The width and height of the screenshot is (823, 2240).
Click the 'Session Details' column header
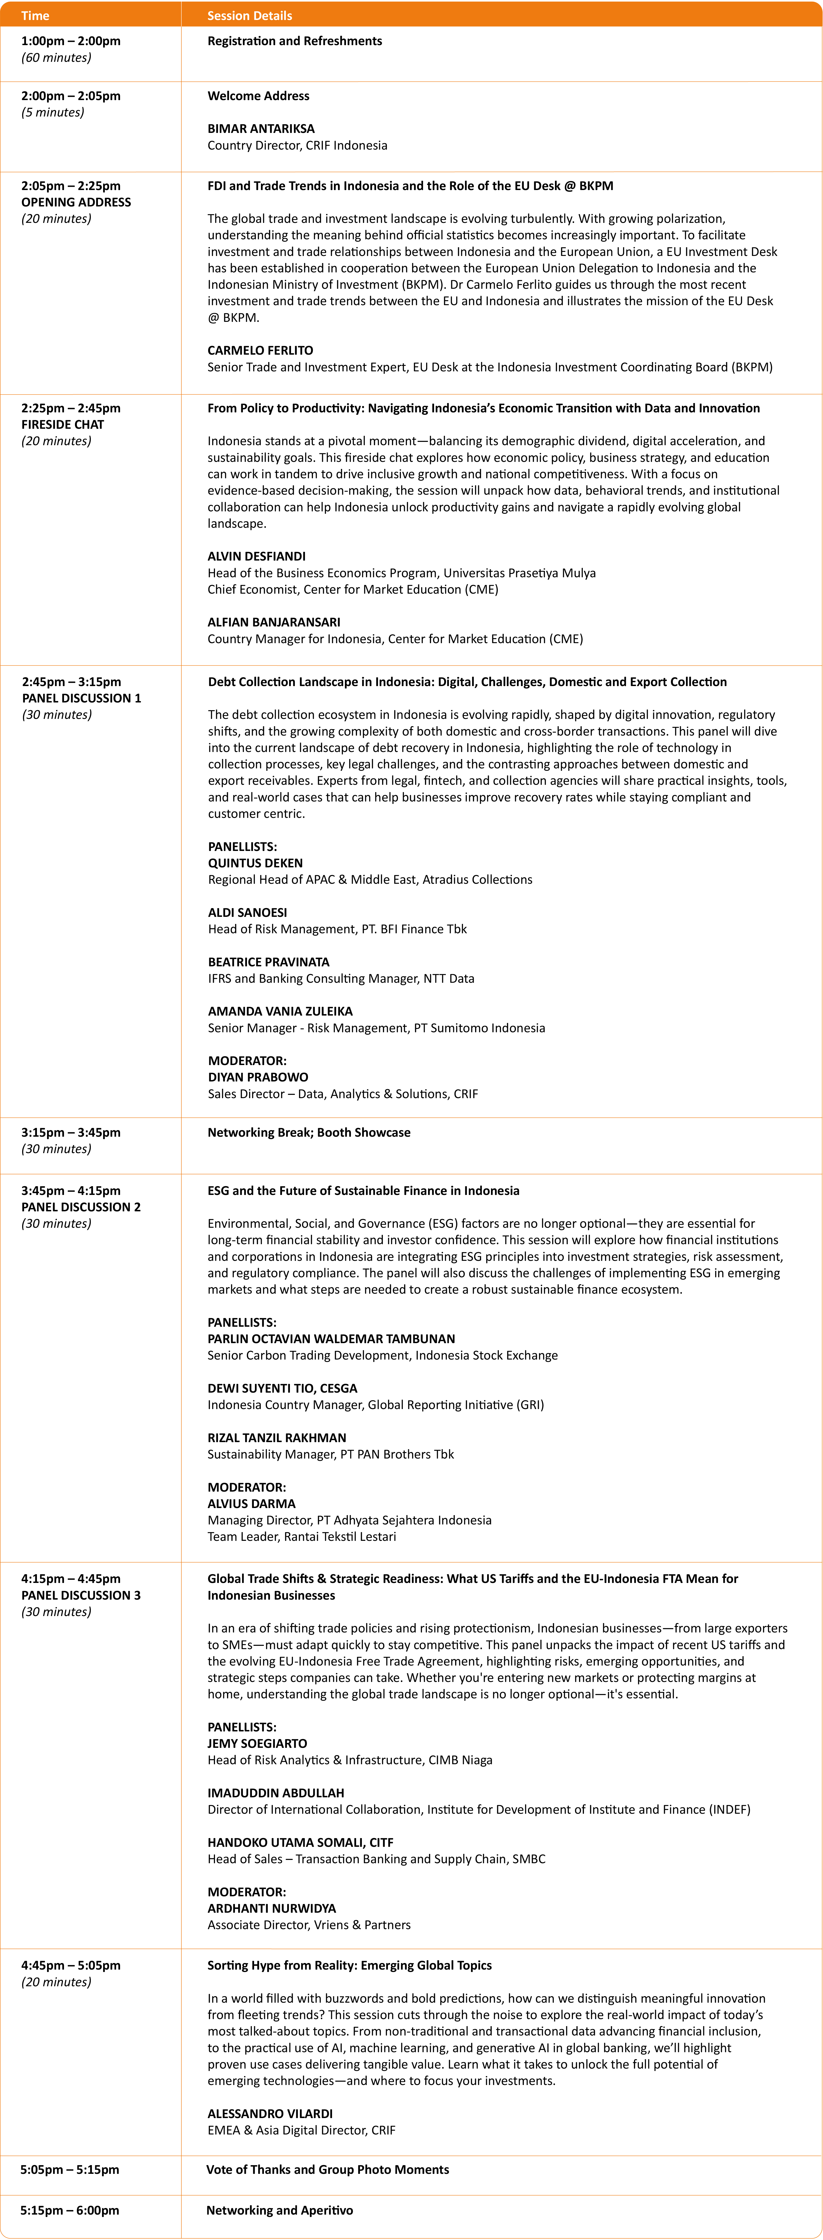[x=250, y=16]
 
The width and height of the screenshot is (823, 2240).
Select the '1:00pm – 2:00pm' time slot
[x=71, y=41]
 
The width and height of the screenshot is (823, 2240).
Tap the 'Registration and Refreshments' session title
[x=294, y=41]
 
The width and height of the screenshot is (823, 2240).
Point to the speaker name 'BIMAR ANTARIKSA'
[x=261, y=129]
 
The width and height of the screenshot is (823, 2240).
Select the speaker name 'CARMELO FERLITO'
[x=260, y=351]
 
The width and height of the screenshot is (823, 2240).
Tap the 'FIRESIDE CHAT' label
[x=63, y=424]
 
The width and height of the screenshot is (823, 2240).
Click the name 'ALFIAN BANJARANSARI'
[x=273, y=623]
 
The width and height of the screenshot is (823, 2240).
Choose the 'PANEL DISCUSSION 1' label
[x=81, y=698]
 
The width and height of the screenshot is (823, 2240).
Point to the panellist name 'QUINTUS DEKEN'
[x=255, y=864]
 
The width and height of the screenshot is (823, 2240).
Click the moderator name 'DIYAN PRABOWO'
[x=258, y=1077]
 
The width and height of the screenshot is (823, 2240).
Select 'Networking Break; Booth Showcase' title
[x=309, y=1132]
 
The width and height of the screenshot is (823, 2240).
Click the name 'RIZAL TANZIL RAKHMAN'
[x=277, y=1438]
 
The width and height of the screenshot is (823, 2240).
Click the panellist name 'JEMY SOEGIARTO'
[x=257, y=1743]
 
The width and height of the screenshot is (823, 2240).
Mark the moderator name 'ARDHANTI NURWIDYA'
[x=271, y=1909]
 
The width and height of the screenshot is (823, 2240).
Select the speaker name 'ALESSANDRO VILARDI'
[x=270, y=2114]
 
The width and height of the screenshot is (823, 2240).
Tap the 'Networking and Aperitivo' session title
[x=279, y=2210]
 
